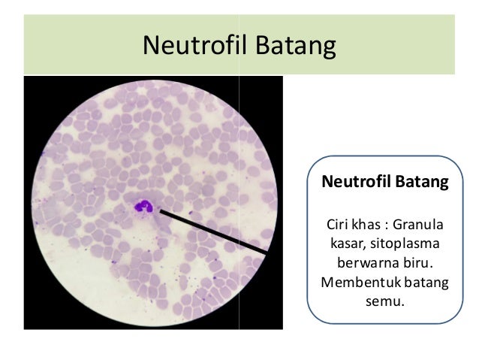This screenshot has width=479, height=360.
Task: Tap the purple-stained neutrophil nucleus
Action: [143, 206]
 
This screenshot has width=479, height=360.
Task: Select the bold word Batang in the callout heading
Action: [420, 183]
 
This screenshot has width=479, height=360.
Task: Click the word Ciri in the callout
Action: [336, 225]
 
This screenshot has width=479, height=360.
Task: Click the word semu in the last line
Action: [384, 303]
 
